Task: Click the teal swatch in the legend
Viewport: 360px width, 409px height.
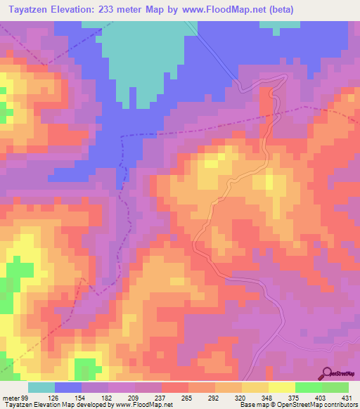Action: coord(41,387)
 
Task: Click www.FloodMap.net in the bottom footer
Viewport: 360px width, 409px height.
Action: coord(143,405)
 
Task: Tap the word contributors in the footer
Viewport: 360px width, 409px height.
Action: coord(340,405)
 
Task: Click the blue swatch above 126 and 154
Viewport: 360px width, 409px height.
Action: coord(68,387)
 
